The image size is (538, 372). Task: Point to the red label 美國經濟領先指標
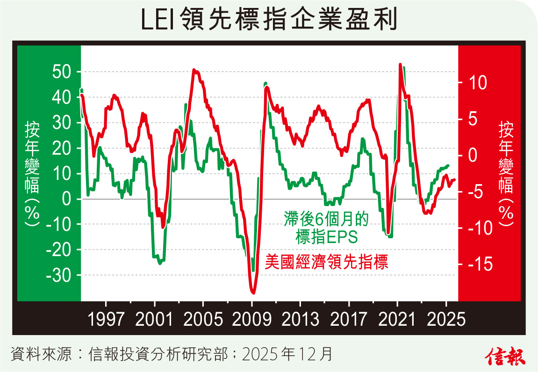pos(327,262)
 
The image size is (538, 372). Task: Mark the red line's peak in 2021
pos(400,64)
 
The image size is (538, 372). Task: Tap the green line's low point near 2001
pos(160,263)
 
